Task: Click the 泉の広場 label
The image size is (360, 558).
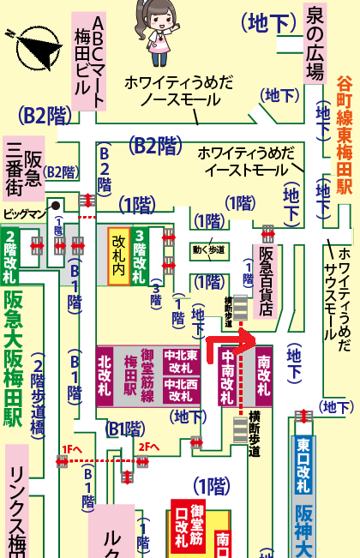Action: pos(315,41)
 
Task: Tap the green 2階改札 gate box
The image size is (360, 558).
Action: pos(10,256)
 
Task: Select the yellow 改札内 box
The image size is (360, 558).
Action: pos(117,255)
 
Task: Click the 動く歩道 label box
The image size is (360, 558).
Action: pos(209,250)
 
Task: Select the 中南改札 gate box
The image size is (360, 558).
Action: pos(228,378)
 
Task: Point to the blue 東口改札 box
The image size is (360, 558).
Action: pos(303,465)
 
